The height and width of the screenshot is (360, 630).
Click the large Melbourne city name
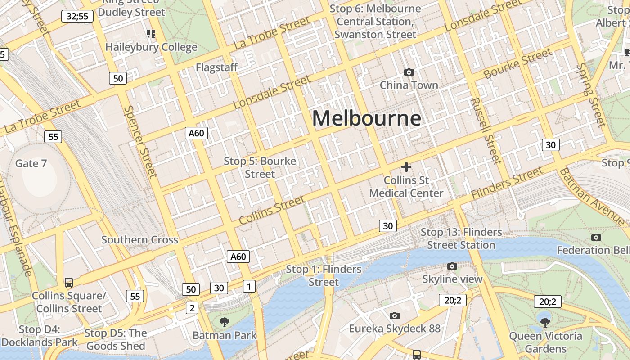(x=367, y=118)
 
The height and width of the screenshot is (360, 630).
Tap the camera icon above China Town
(x=409, y=72)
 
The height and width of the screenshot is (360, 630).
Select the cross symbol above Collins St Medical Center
(x=406, y=167)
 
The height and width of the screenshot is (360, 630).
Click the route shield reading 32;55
(x=77, y=17)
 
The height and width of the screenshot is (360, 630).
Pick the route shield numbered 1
(x=248, y=286)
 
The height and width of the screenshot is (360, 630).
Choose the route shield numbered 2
(x=192, y=308)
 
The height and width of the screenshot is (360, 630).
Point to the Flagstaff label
(x=216, y=67)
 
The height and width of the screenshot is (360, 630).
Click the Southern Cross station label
(x=139, y=240)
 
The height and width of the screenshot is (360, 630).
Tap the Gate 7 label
(x=31, y=163)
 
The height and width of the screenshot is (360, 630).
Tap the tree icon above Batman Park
(x=224, y=322)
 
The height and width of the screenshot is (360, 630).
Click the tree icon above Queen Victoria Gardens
(x=545, y=322)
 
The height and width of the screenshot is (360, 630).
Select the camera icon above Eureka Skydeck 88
(x=395, y=315)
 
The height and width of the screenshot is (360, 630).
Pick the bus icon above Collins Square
(x=68, y=282)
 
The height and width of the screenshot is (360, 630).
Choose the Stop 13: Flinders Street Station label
(x=461, y=239)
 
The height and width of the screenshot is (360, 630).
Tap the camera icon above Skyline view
(x=452, y=266)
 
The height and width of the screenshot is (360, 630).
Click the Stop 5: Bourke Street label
(x=260, y=167)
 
